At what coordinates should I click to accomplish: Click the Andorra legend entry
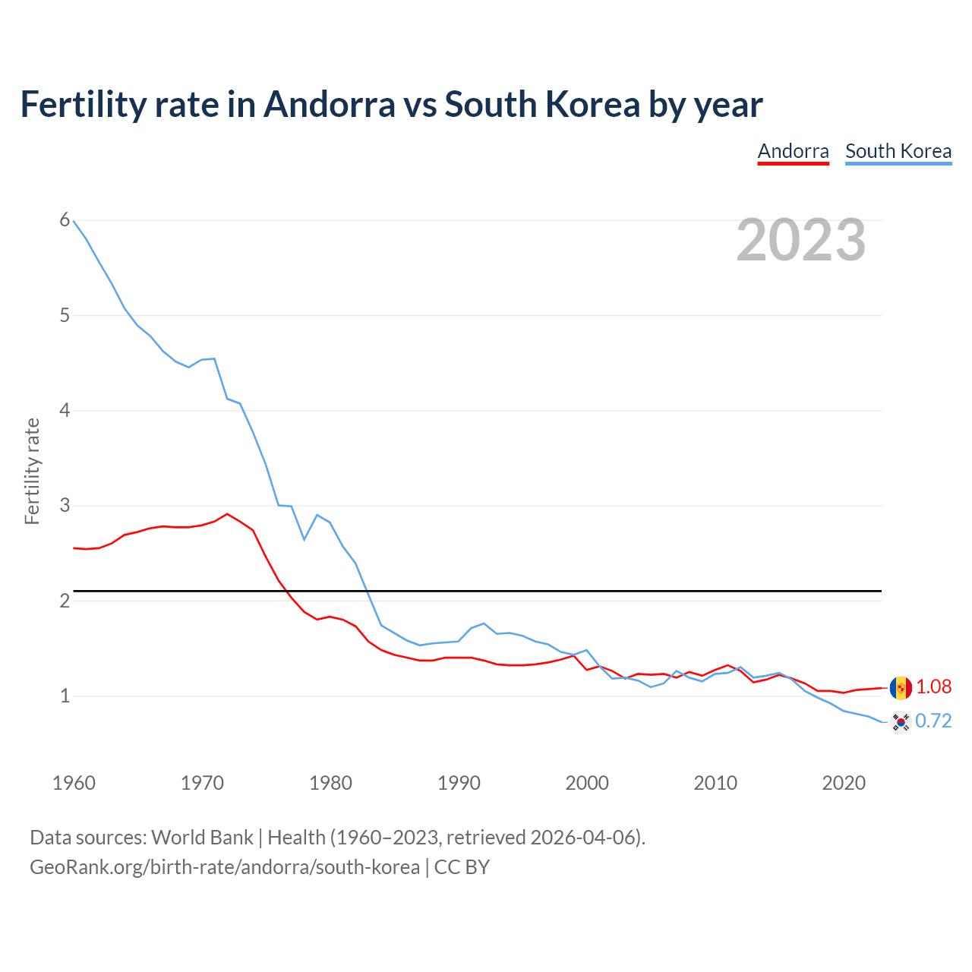[x=793, y=151]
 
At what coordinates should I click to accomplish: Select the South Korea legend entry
[x=898, y=151]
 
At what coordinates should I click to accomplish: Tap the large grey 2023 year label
[x=801, y=240]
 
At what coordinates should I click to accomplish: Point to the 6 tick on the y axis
[x=65, y=220]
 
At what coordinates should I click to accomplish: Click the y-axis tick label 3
[x=65, y=505]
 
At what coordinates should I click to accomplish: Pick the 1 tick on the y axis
[x=65, y=696]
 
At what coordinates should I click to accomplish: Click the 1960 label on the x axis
[x=74, y=783]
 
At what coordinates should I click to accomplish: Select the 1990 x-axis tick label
[x=459, y=783]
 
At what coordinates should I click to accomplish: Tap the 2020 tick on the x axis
[x=844, y=783]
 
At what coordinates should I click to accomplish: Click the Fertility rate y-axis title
[x=32, y=471]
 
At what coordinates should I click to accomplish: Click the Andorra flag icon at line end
[x=901, y=688]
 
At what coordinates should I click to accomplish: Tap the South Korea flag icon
[x=901, y=721]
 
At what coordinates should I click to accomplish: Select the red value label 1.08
[x=933, y=687]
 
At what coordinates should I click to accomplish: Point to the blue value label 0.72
[x=933, y=721]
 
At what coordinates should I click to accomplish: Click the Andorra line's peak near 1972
[x=227, y=514]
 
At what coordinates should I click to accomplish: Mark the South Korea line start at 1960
[x=74, y=221]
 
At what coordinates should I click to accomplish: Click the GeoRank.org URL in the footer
[x=224, y=866]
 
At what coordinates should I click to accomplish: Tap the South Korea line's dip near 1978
[x=305, y=539]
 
